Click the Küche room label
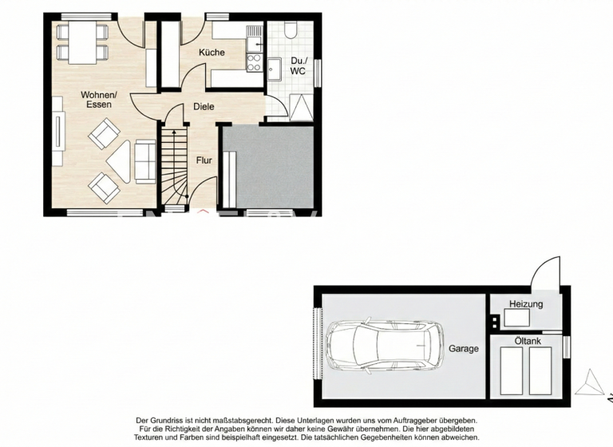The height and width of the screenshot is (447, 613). click(x=212, y=53)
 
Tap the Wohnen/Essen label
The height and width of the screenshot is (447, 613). click(x=99, y=99)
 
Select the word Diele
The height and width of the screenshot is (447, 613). click(x=204, y=107)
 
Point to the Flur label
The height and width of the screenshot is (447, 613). click(x=204, y=160)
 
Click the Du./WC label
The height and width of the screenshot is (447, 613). click(x=299, y=65)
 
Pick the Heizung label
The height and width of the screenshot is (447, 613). click(x=526, y=304)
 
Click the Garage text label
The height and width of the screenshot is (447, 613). click(x=463, y=349)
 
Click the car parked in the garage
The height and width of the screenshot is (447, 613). click(x=386, y=345)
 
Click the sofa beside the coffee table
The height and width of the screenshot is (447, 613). click(x=144, y=161)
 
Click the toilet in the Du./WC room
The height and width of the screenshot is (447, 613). click(x=290, y=30)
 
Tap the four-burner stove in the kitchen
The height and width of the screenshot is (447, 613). click(x=255, y=62)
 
